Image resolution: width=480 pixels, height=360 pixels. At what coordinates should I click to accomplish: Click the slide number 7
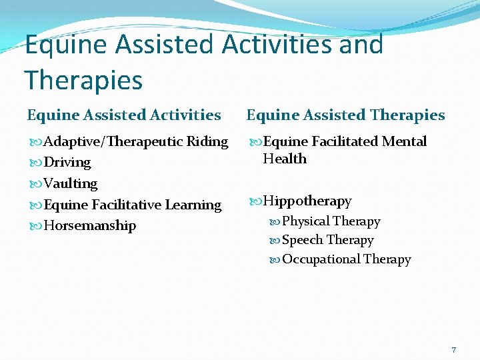453,350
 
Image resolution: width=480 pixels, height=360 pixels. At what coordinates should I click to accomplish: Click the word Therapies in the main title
84,81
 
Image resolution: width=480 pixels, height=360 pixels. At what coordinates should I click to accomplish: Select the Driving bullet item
67,162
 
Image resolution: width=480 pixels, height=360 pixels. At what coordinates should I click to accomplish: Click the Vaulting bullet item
70,183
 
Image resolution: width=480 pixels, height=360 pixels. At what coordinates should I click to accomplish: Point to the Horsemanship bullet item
89,225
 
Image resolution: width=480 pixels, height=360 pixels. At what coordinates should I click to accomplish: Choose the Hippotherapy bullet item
307,201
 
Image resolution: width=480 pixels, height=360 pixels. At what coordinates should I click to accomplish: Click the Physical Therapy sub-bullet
331,221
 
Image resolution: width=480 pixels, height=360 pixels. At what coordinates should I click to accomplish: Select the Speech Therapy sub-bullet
327,240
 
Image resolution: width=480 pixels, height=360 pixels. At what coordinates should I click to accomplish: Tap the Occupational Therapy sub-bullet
346,259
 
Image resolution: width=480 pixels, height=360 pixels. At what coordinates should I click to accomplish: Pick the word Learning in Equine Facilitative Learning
193,205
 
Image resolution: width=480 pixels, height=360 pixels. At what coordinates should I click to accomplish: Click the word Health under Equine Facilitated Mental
285,159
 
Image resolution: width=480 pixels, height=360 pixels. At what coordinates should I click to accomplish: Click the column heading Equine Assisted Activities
124,115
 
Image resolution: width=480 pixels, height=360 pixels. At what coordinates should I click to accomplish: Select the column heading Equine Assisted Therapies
345,115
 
